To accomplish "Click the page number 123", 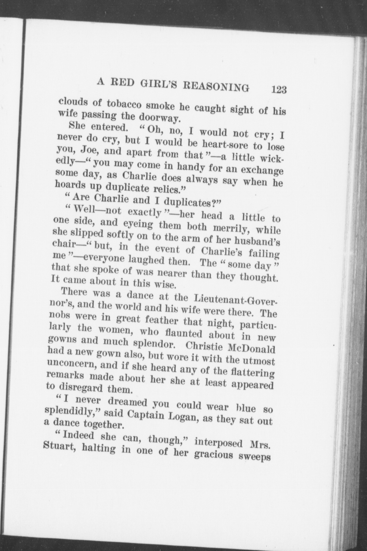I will (x=279, y=90).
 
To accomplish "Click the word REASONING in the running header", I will (x=216, y=86).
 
